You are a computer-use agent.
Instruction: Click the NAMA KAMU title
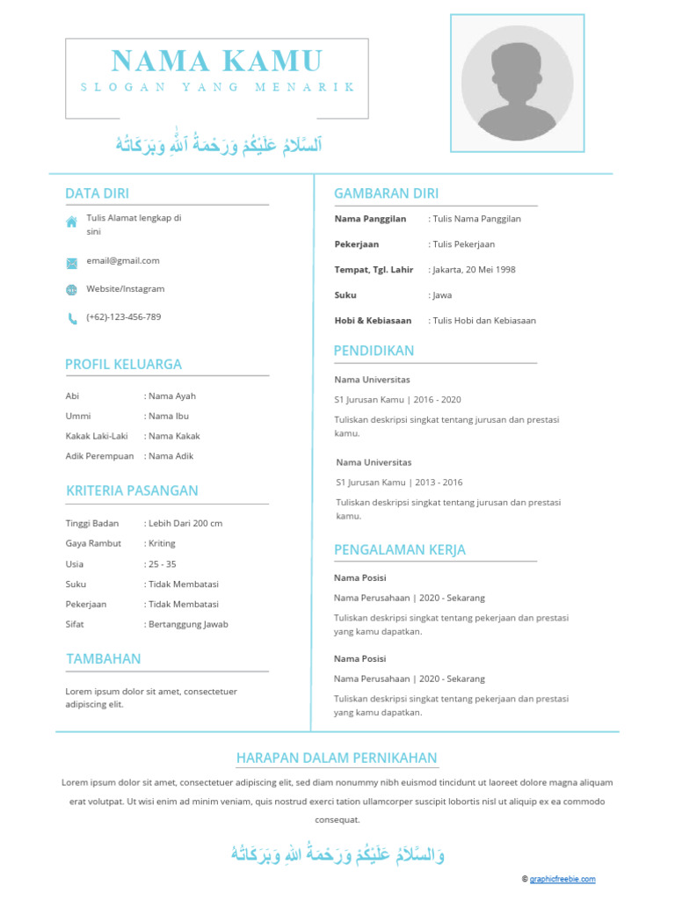pos(217,62)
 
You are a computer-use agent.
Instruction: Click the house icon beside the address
pos(71,222)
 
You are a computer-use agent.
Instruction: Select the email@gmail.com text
pos(123,261)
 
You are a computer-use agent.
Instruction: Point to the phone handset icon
pos(71,318)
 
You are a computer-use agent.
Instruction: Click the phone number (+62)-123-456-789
pos(123,317)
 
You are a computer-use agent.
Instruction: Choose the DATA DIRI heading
pos(97,193)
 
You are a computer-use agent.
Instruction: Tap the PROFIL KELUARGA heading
pos(123,364)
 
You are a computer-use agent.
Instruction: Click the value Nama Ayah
pos(171,396)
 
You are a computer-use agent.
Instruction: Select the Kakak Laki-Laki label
pos(96,436)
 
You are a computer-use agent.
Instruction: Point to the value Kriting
pos(162,544)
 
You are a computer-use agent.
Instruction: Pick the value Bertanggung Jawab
pos(187,625)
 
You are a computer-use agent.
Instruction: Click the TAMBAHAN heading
pos(103,659)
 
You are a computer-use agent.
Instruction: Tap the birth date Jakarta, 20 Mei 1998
pos(474,271)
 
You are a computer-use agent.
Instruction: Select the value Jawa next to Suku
pos(442,296)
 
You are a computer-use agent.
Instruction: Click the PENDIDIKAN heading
pos(374,351)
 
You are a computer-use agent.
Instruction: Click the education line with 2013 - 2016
pos(399,483)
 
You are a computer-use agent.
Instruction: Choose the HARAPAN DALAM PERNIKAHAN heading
pos(337,758)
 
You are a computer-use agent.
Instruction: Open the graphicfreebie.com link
pos(562,879)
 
